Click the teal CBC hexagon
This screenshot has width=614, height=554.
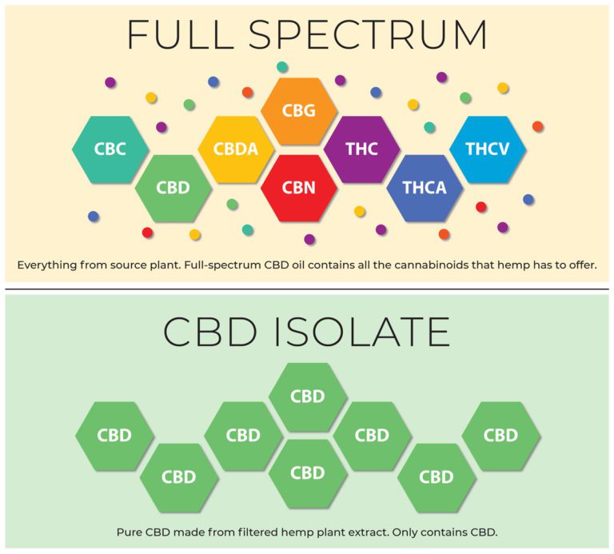[110, 149]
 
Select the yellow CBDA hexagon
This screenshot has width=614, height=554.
[236, 149]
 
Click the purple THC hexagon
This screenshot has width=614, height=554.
[361, 149]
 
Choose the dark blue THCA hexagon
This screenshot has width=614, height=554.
[425, 188]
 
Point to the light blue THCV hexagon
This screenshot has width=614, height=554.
[488, 149]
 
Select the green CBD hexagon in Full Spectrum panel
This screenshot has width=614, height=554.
[173, 188]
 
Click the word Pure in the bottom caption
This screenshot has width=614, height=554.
[130, 532]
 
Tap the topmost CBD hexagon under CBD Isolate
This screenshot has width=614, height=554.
[307, 396]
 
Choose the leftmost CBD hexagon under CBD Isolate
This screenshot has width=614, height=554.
[114, 436]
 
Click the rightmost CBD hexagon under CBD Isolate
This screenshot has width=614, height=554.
[501, 436]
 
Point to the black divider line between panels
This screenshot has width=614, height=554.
[307, 289]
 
